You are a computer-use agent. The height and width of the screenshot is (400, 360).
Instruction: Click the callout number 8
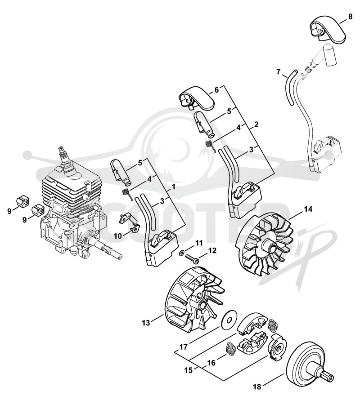(x=350, y=17)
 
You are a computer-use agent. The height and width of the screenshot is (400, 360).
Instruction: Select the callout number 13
(x=146, y=323)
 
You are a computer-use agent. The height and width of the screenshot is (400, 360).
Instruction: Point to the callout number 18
(x=257, y=387)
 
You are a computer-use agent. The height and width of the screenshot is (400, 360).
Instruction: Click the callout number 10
(x=118, y=236)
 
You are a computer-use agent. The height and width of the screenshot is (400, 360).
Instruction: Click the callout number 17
(x=183, y=347)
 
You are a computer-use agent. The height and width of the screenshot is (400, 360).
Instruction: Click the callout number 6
(x=216, y=89)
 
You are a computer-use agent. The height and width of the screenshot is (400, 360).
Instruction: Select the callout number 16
(x=212, y=362)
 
